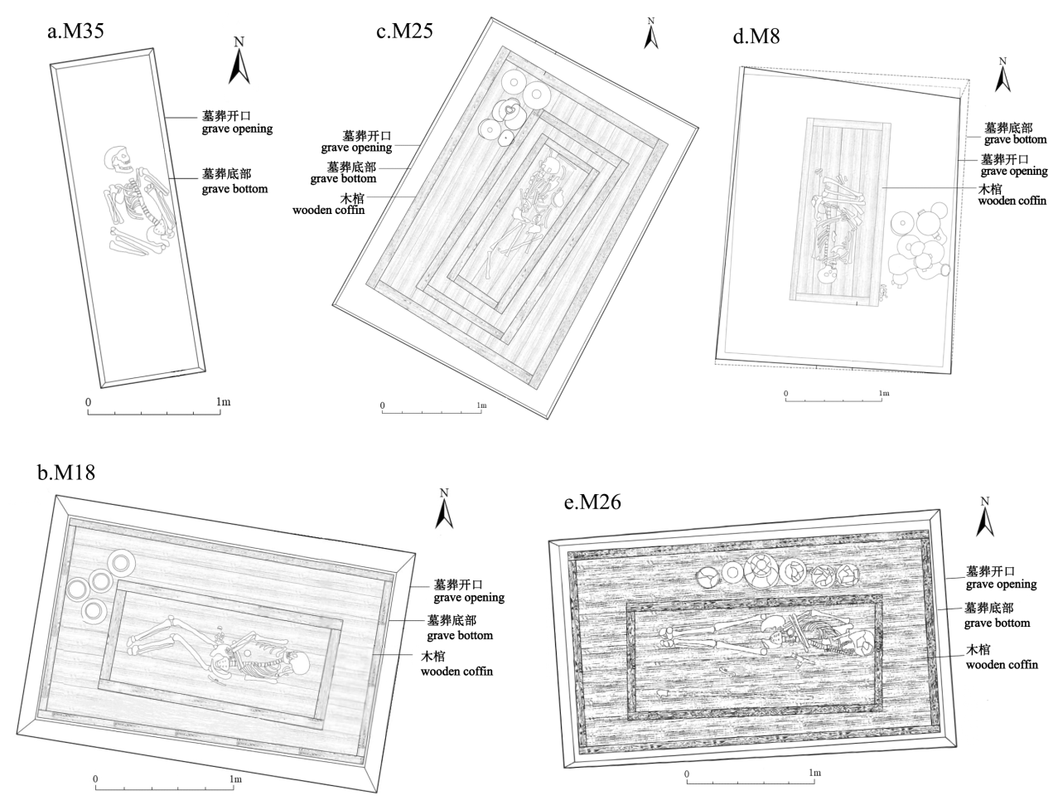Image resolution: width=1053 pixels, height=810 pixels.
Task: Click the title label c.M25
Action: [404, 32]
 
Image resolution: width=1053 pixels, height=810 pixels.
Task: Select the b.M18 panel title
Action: [66, 473]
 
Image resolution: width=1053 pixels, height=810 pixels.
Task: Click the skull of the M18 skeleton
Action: [300, 663]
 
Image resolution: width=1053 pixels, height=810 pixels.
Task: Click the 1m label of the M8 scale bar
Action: [884, 393]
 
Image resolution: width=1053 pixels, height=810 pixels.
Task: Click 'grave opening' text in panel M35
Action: [237, 129]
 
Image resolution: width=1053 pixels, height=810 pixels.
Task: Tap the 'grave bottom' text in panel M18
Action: [460, 635]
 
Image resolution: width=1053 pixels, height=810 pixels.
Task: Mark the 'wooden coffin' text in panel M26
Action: [1002, 664]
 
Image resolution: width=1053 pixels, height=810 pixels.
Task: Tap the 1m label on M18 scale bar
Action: [235, 779]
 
